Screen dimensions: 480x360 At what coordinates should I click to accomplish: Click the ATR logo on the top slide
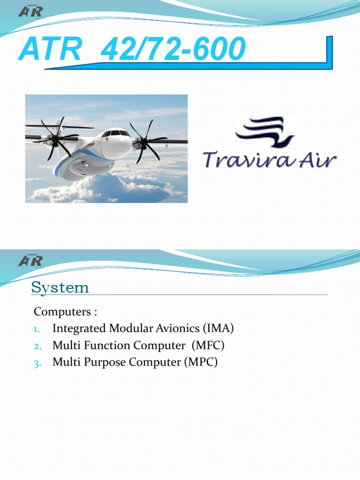pyautogui.click(x=30, y=11)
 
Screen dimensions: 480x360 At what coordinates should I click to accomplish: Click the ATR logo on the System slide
pyautogui.click(x=30, y=260)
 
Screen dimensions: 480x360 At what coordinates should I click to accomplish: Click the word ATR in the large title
pyautogui.click(x=50, y=50)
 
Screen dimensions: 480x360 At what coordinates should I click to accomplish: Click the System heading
pyautogui.click(x=60, y=287)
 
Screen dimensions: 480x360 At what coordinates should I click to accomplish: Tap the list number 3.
pyautogui.click(x=38, y=363)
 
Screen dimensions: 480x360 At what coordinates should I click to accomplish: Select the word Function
pyautogui.click(x=108, y=345)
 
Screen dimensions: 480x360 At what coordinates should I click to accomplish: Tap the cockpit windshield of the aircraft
pyautogui.click(x=115, y=133)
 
